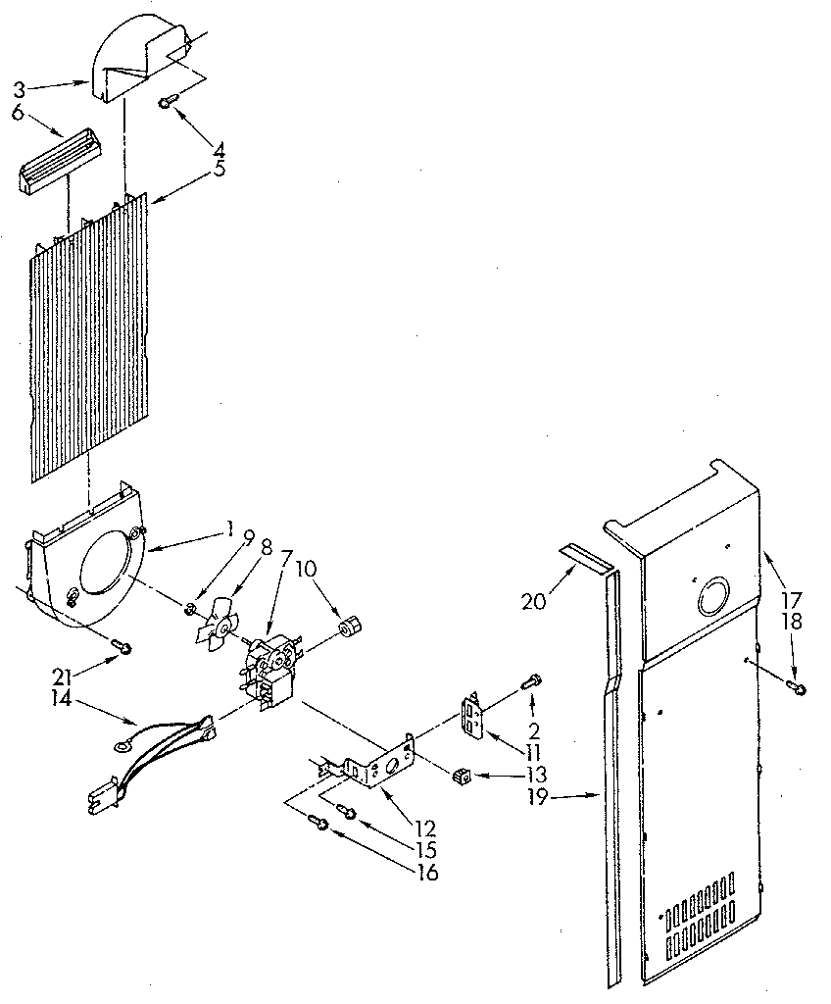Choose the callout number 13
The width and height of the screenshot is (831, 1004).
pos(535,776)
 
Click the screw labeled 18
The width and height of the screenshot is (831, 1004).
pos(799,689)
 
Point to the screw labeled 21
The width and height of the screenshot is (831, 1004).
pos(122,645)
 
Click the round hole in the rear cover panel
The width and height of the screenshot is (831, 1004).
pos(713,596)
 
